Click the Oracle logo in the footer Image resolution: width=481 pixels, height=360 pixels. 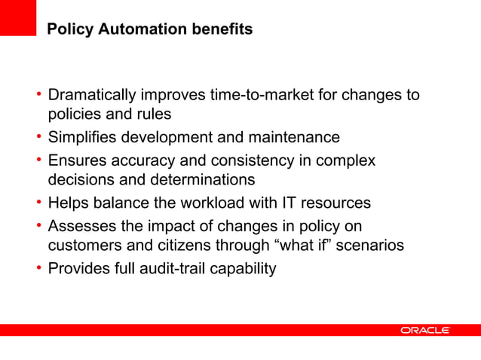(424, 330)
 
